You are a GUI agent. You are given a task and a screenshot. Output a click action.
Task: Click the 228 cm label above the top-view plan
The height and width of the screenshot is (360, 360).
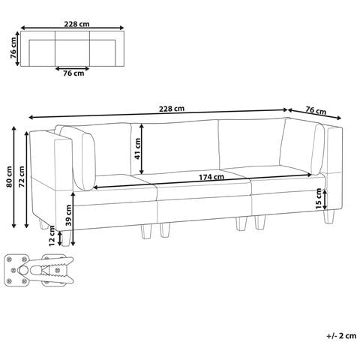pos(76,24)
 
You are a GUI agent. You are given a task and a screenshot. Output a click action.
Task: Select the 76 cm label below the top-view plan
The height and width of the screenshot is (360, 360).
pos(73,73)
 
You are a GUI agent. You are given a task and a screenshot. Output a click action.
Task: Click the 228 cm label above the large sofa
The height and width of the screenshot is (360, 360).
pos(172,109)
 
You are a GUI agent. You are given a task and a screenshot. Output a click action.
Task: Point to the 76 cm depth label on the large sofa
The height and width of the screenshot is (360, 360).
pos(316,110)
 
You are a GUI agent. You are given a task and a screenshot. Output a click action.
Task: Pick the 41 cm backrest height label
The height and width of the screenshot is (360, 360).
pos(137,148)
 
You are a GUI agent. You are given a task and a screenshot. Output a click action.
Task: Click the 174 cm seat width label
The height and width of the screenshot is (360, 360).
pos(211,177)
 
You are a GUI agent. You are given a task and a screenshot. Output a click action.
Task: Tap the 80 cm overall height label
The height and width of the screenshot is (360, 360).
pos(9,176)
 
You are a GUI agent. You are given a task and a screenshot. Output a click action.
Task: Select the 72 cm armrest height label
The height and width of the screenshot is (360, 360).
pos(22,176)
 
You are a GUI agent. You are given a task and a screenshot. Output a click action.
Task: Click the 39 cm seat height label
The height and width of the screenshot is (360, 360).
pos(68,215)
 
